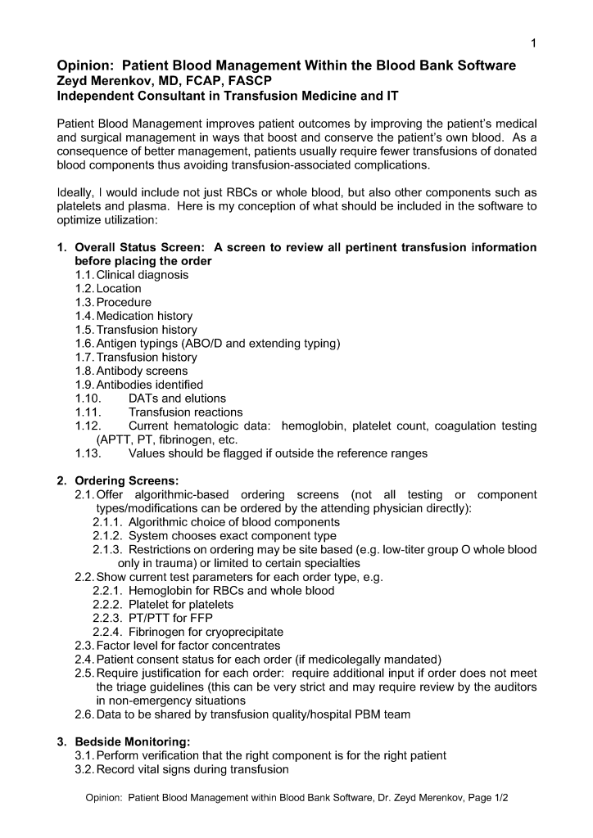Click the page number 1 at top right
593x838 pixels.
(533, 43)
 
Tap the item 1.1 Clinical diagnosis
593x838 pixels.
(131, 275)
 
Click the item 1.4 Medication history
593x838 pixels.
(134, 316)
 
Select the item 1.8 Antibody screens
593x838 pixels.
(131, 371)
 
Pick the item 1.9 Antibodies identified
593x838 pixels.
(138, 385)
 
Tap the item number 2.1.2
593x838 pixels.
(107, 536)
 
